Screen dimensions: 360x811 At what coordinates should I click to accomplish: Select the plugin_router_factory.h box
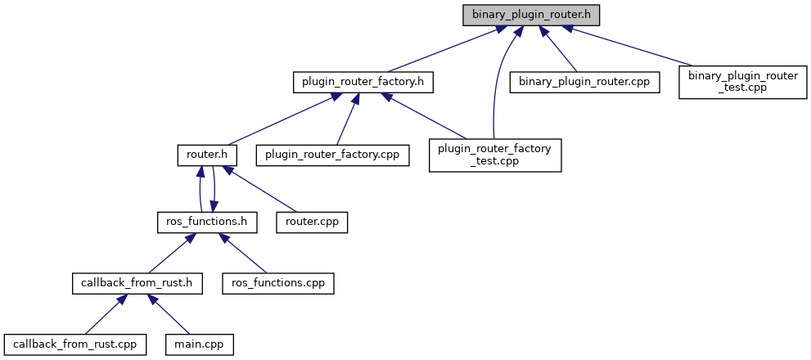click(363, 83)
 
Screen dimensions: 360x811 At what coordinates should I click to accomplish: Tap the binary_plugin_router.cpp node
click(584, 83)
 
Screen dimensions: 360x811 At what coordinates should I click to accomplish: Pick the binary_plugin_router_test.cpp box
click(743, 83)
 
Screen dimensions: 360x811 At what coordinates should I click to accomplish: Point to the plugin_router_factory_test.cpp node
click(495, 154)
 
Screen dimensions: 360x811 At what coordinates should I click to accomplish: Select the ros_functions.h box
click(207, 222)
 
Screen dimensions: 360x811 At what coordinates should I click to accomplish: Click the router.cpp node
click(313, 222)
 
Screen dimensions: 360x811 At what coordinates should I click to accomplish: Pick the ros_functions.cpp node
click(278, 283)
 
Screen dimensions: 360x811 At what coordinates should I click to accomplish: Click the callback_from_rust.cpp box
click(75, 344)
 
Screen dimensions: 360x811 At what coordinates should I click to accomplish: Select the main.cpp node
click(199, 344)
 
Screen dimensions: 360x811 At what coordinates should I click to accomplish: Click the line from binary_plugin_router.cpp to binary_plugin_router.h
click(560, 51)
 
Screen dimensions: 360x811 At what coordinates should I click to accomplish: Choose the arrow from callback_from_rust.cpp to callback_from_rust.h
click(102, 314)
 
